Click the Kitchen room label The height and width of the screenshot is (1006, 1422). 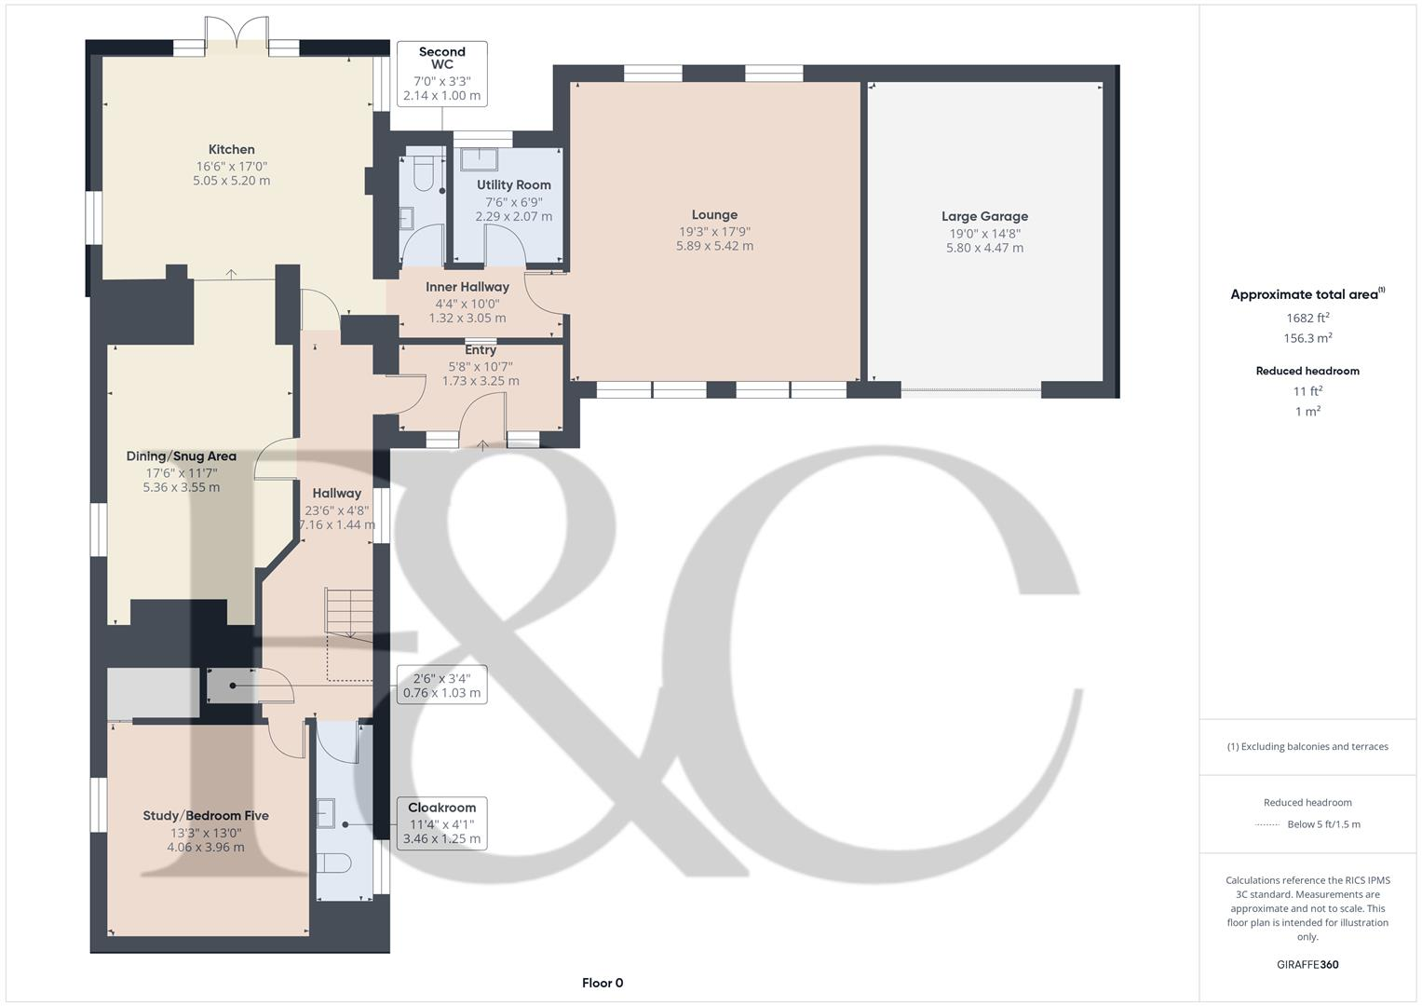(x=231, y=149)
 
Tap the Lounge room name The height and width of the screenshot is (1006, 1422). (x=714, y=214)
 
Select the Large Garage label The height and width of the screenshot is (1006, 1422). (x=984, y=216)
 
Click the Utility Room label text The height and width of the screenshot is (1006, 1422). (x=513, y=184)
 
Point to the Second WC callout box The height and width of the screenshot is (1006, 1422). (x=441, y=74)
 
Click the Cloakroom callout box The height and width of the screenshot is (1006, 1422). (x=441, y=823)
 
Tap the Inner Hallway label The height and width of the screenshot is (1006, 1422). (x=467, y=287)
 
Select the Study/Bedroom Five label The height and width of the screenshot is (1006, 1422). (x=206, y=815)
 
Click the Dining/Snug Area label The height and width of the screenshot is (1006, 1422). (x=182, y=456)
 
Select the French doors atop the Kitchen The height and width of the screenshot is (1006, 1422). (x=237, y=33)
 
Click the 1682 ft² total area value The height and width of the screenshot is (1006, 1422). (x=1307, y=318)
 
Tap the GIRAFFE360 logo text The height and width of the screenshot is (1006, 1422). (x=1307, y=964)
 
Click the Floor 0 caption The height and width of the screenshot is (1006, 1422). (x=603, y=983)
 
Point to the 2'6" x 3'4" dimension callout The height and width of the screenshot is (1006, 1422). (x=441, y=686)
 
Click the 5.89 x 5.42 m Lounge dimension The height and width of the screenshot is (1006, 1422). (x=714, y=246)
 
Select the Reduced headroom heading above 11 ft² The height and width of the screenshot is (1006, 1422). (x=1307, y=371)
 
